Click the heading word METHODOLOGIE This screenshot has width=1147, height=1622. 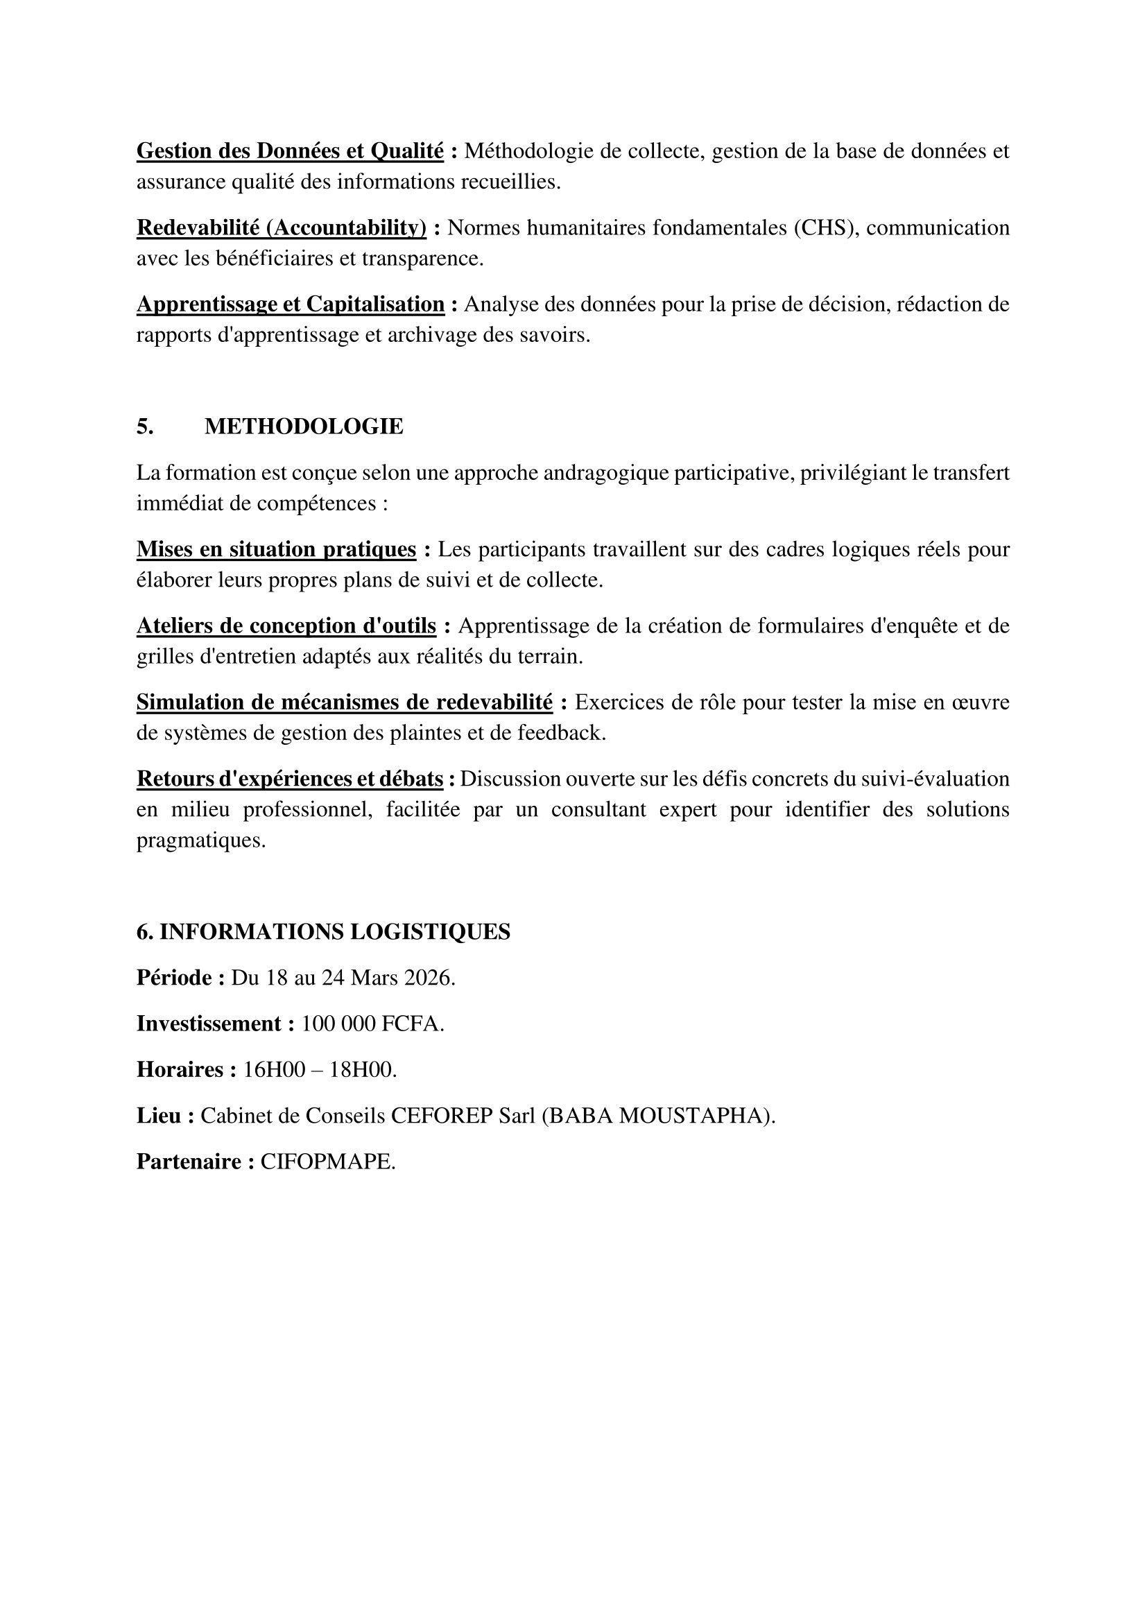pos(304,426)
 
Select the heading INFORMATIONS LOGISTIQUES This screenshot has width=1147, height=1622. pos(335,933)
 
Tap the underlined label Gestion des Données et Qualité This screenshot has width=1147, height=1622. pos(290,151)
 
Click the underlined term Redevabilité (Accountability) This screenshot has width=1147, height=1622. pos(281,227)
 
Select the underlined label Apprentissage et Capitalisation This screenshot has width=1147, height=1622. pos(290,304)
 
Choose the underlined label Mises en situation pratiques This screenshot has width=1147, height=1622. pos(275,549)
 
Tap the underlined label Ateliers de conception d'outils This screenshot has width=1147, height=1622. pos(286,626)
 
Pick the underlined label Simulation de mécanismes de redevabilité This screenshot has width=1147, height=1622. pos(344,702)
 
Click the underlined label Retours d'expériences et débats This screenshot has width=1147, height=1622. pos(290,779)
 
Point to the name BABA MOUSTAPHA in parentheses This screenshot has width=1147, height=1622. pos(657,1116)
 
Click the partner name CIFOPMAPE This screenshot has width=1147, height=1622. pos(327,1162)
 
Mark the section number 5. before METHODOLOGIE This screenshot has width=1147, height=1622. pos(145,426)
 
